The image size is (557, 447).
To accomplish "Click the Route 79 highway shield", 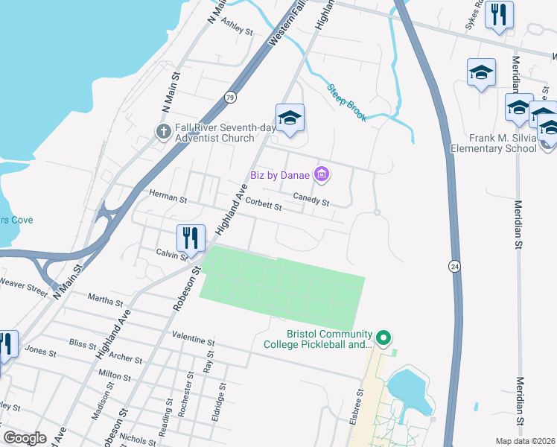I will point(231,98).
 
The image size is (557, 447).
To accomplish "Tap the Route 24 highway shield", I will point(453,266).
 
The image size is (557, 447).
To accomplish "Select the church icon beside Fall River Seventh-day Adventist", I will point(164,132).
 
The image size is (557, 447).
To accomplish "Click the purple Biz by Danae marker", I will point(322,175).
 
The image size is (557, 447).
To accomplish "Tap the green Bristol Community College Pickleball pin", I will point(383,338).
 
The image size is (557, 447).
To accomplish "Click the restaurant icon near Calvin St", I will point(191,238).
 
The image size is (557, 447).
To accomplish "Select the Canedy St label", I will point(311,198).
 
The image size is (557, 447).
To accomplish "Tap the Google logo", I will point(25,438).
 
